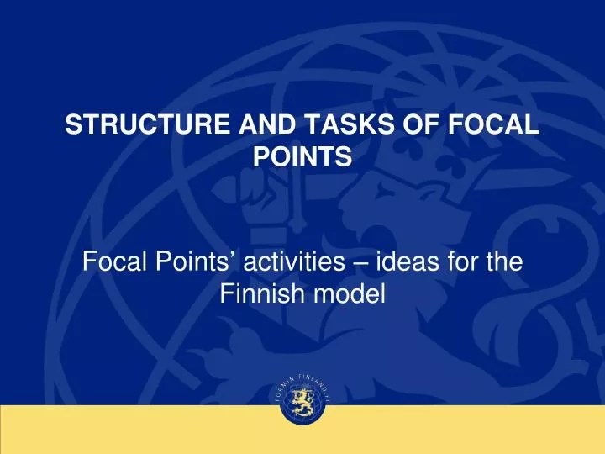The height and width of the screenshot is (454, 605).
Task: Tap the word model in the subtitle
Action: click(350, 294)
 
